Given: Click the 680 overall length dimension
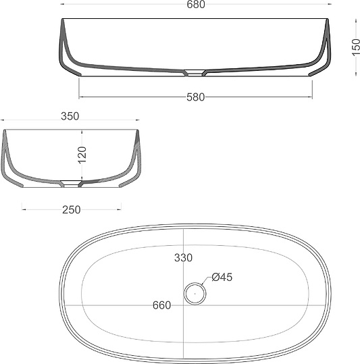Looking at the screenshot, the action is coord(196,5).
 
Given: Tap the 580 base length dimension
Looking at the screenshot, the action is coord(196,97).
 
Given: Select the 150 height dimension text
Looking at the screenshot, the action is coord(355,47).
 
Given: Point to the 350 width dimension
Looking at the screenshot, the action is coord(70,116).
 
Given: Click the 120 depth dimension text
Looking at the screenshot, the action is coord(82,155).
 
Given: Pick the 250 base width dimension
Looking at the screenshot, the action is coord(72,209).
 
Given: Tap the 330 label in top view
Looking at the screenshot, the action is coord(183,258).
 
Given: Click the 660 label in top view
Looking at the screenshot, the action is coord(162,305).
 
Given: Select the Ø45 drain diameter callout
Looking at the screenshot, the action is coord(222,277).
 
